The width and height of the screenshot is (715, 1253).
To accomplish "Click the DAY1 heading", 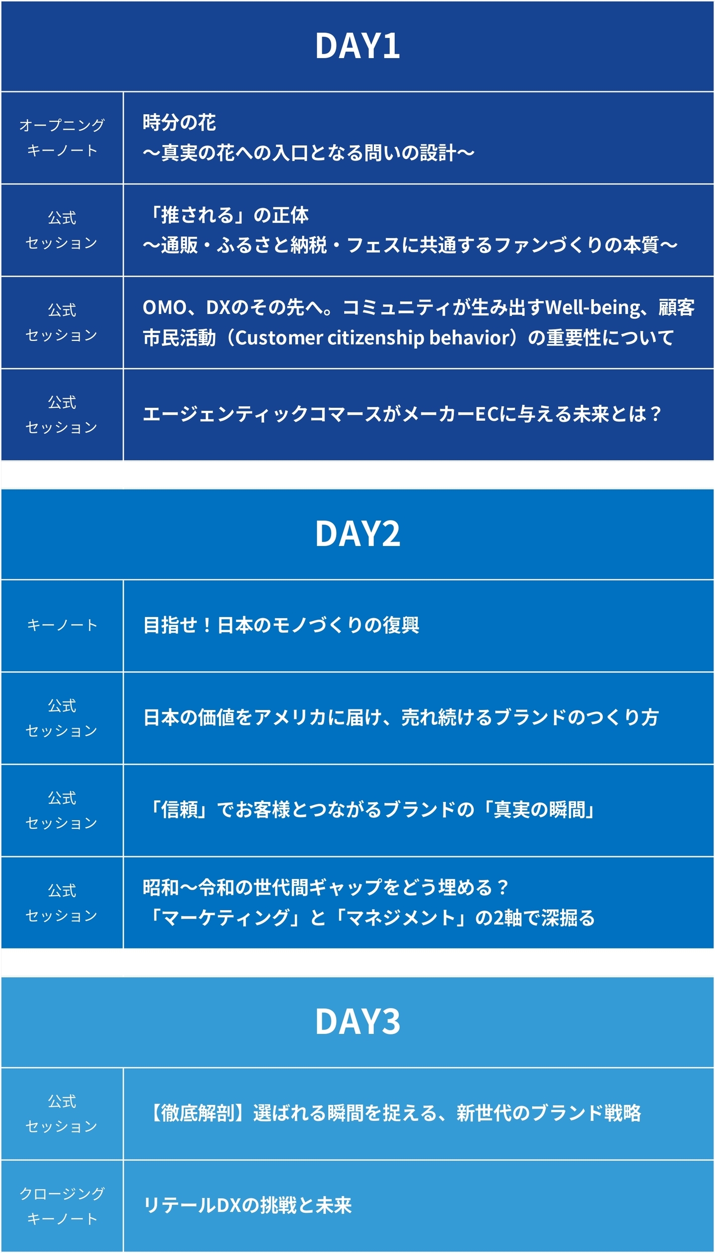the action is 357,46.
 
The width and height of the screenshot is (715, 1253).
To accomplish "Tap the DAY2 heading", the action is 357,534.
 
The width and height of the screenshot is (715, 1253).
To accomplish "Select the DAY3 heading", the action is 357,1022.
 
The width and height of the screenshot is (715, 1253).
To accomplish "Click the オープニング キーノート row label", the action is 62,138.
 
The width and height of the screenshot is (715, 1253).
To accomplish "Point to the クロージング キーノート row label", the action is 62,1206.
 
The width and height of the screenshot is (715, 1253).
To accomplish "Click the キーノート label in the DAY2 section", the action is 62,625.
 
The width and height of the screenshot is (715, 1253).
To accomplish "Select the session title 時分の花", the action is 179,122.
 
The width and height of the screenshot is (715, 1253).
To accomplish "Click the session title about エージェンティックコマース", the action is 402,414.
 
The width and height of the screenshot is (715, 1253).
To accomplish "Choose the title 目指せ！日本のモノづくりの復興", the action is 281,625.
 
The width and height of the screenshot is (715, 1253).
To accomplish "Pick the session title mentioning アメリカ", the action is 401,717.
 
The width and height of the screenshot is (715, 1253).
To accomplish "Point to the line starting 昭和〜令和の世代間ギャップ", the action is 326,887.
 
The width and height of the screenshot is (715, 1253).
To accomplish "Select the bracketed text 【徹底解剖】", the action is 198,1113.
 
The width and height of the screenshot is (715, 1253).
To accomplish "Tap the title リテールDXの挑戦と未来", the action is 247,1206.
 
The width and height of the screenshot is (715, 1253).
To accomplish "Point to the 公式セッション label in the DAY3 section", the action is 62,1113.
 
